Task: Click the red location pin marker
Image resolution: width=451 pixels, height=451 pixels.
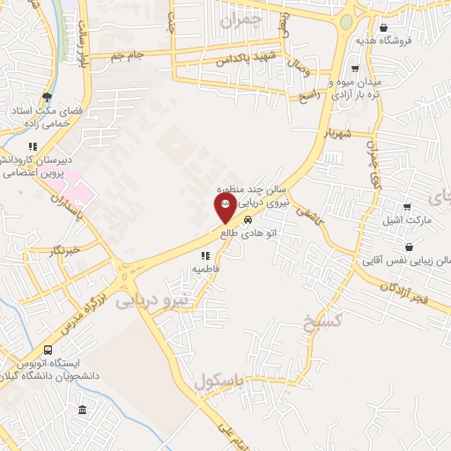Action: coord(225,208)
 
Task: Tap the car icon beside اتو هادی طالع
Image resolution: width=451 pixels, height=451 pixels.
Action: coord(248,220)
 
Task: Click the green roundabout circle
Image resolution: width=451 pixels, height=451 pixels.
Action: coord(347,21)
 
